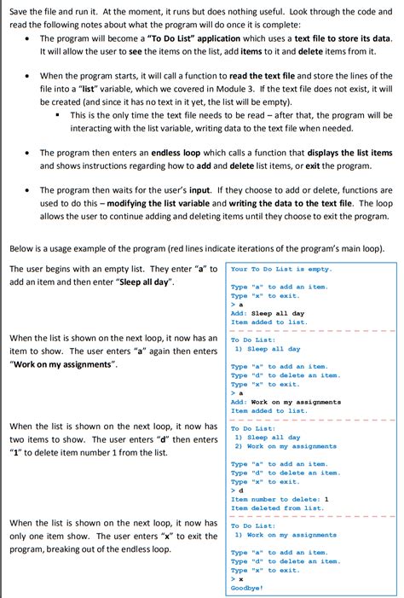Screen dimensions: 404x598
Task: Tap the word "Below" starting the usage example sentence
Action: (x=22, y=248)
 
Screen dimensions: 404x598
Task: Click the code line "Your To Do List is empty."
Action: (x=281, y=270)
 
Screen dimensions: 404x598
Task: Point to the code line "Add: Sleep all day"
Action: (x=268, y=313)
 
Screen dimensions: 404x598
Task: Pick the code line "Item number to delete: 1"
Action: (x=280, y=500)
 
